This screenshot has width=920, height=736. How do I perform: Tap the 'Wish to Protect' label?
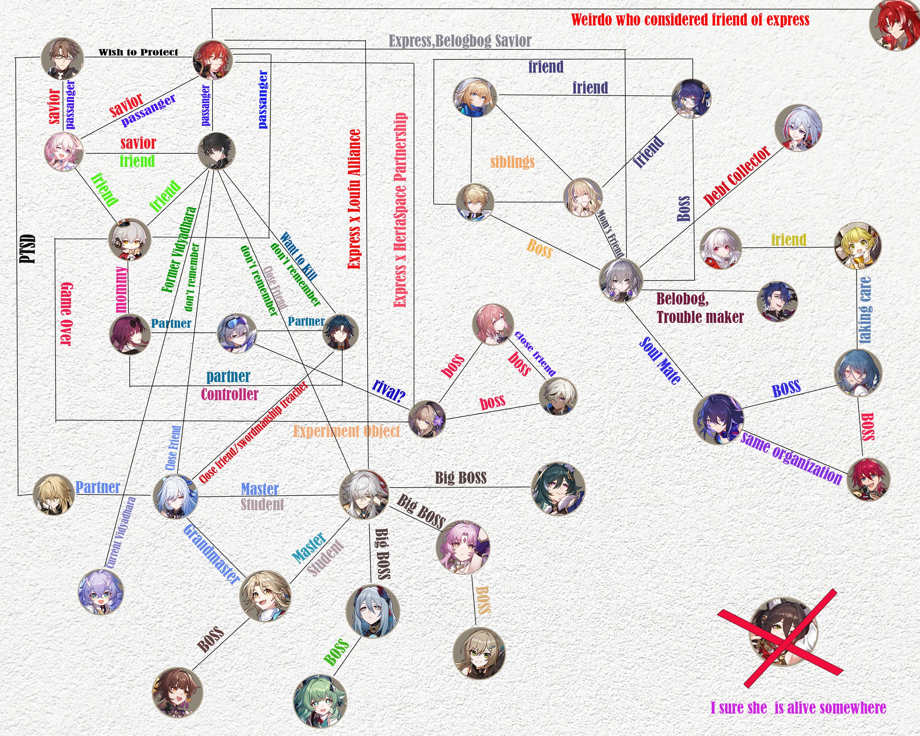pos(138,52)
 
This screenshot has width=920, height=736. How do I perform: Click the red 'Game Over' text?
pos(66,314)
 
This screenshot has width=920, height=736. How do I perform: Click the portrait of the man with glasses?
pos(62,59)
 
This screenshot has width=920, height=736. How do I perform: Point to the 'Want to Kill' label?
pos(299,256)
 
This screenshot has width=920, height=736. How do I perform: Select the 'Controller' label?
pos(230,394)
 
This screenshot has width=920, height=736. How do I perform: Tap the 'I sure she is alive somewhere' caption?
pos(798,708)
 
